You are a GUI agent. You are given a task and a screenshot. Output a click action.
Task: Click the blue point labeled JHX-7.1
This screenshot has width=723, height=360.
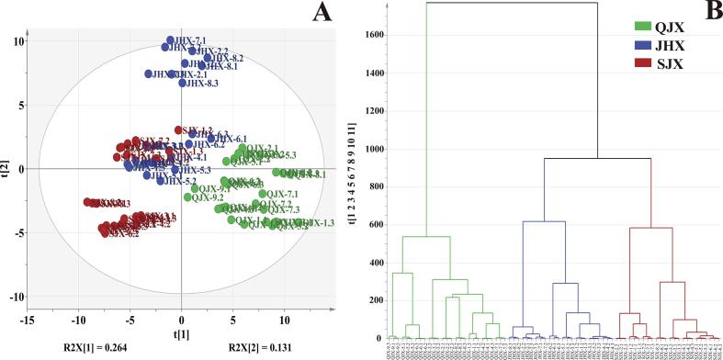171,40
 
